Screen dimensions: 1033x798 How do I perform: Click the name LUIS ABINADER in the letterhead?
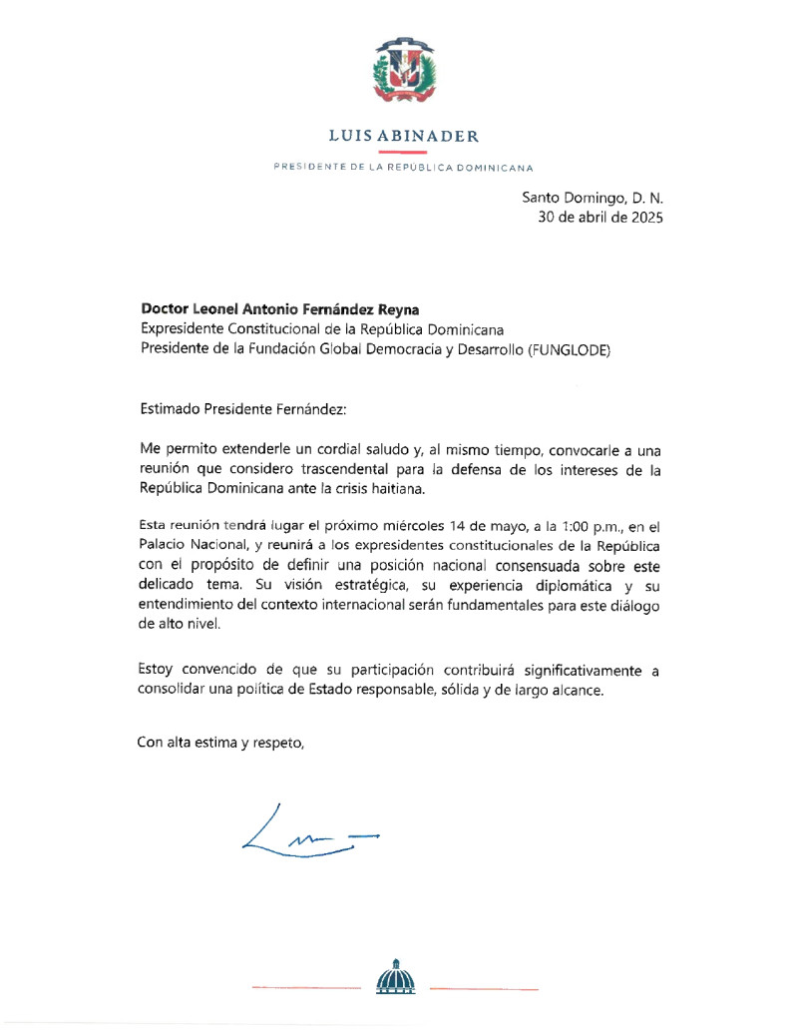coord(404,137)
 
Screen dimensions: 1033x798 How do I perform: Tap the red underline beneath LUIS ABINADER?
coord(404,151)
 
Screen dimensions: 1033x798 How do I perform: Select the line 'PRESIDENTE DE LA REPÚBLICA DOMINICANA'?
coord(404,167)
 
